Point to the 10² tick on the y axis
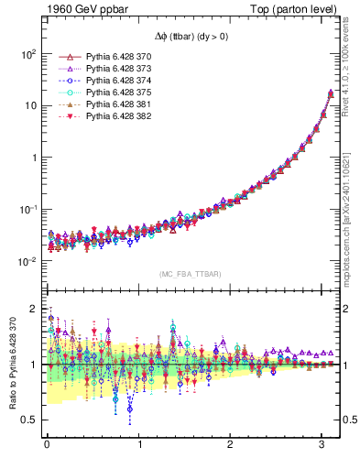pos(27,53)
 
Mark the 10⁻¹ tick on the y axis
pos(27,209)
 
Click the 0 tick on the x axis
pos(47,444)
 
